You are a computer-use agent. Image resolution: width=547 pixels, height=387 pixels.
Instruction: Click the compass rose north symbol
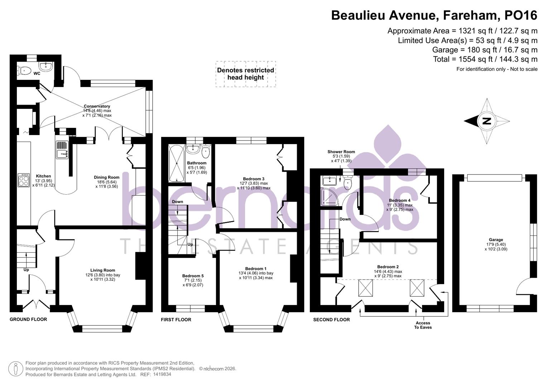[x=486, y=121]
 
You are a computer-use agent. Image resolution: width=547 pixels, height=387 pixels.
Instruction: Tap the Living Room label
[x=102, y=271]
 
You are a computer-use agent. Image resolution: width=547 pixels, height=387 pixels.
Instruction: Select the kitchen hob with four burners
[x=24, y=180]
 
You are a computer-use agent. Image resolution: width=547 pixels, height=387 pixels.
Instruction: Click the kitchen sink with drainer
[x=62, y=150]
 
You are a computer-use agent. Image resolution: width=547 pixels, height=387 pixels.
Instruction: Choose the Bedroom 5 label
[x=193, y=276]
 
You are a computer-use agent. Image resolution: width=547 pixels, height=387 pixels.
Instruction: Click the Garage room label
[x=496, y=240]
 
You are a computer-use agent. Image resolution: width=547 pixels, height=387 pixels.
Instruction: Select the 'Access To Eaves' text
[x=423, y=325]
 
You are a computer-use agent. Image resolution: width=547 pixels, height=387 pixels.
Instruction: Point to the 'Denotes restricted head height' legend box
[x=245, y=74]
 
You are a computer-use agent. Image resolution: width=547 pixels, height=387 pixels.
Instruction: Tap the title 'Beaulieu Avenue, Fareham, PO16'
[x=434, y=15]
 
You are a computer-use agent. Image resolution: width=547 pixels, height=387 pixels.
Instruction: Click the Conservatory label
[x=97, y=106]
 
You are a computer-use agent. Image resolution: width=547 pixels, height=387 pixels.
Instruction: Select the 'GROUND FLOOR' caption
[x=28, y=319]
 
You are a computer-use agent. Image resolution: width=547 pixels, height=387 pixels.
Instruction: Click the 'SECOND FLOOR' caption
[x=331, y=320]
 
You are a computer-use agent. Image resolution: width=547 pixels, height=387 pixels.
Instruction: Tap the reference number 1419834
[x=162, y=374]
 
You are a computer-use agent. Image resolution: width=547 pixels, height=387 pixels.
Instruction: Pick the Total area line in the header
[x=485, y=59]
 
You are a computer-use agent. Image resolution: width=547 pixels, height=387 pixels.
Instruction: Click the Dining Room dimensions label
[x=106, y=184]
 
